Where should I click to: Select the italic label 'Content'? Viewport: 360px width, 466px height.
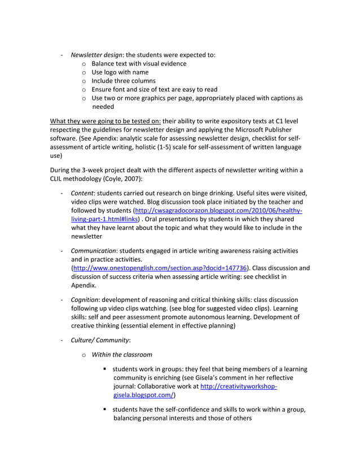pyautogui.click(x=83, y=194)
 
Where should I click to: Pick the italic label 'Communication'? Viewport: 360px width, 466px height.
pyautogui.click(x=93, y=250)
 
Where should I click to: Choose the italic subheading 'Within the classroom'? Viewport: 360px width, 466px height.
pyautogui.click(x=122, y=354)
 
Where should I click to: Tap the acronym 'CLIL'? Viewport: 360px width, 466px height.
pyautogui.click(x=58, y=179)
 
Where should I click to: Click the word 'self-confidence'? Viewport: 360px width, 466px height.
pyautogui.click(x=186, y=410)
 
